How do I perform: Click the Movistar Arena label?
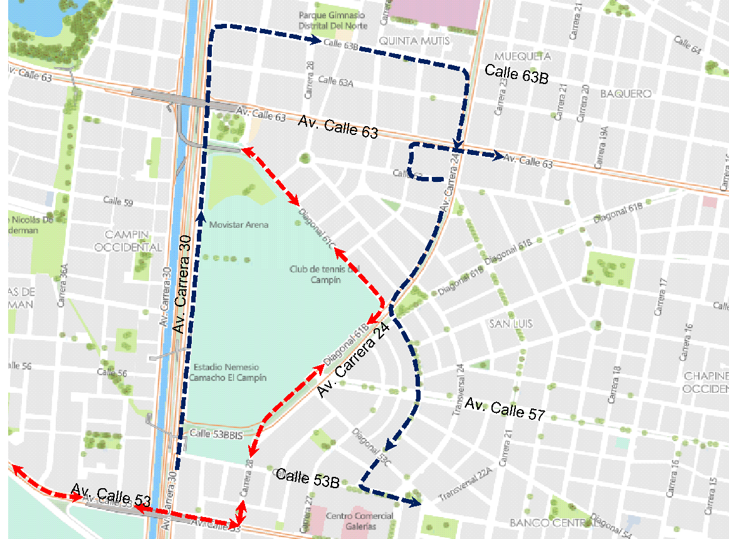click(x=239, y=225)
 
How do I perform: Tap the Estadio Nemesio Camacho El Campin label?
click(x=229, y=372)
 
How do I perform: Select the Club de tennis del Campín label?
click(x=325, y=274)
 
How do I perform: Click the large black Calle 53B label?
click(x=308, y=478)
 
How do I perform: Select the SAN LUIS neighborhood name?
click(x=511, y=323)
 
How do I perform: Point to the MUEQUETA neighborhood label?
click(x=523, y=56)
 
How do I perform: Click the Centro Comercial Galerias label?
click(x=360, y=521)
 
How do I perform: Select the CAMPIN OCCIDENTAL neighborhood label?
click(x=129, y=240)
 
